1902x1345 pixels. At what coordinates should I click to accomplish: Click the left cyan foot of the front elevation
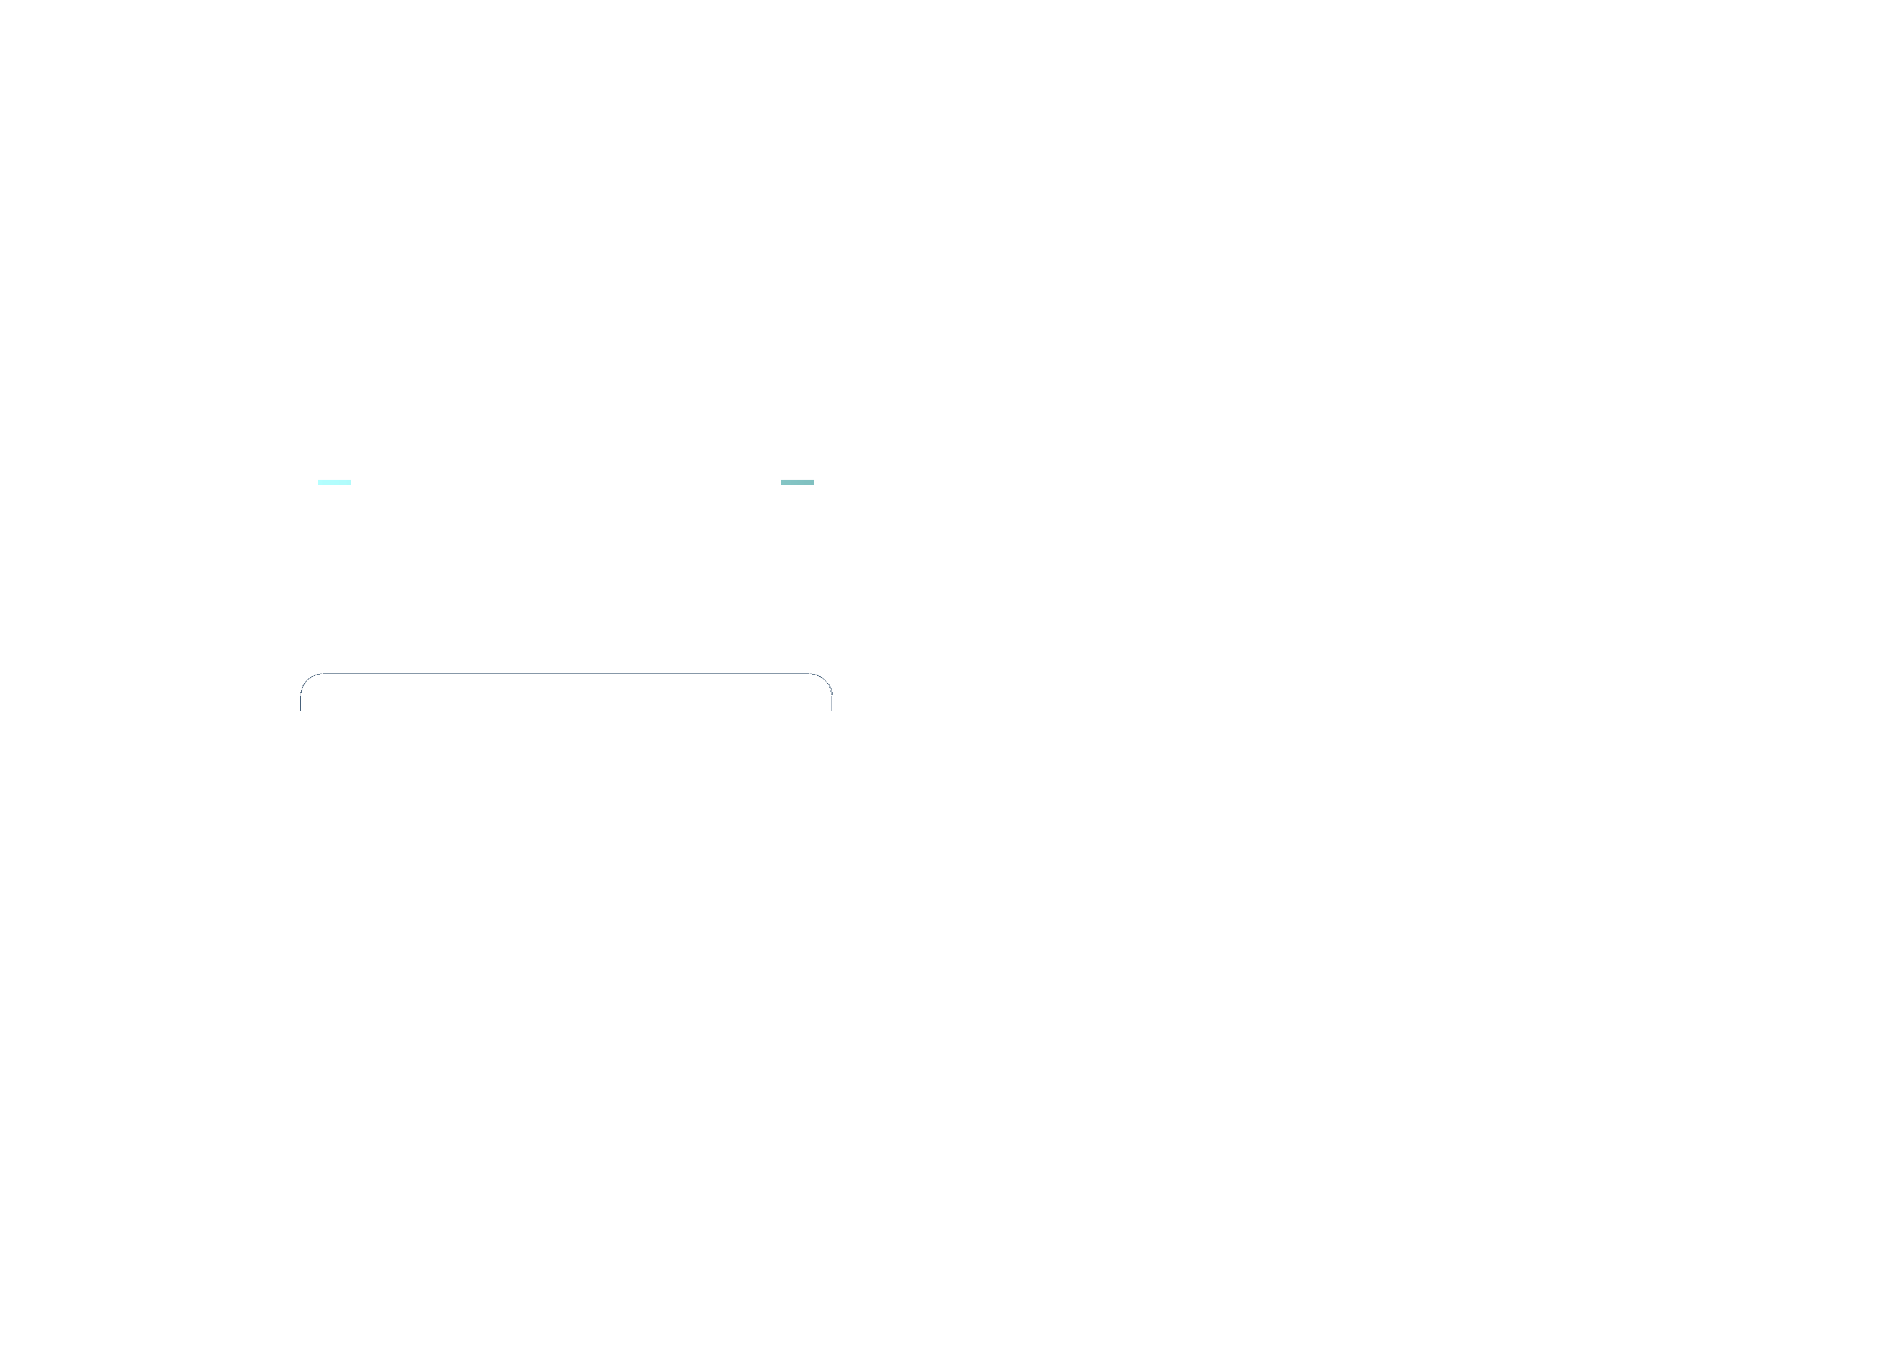pos(335,481)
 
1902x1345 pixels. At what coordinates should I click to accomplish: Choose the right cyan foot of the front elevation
pos(798,481)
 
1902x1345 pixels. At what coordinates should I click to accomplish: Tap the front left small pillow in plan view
pos(456,828)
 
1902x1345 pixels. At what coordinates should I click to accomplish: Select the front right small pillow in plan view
pos(690,828)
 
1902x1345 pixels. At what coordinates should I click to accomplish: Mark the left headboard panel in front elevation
pos(434,282)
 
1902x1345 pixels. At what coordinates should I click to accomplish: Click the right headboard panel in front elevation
pos(698,282)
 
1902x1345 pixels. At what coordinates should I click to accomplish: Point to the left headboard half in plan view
pos(434,700)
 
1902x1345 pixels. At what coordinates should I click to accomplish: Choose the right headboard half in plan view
pos(698,700)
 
